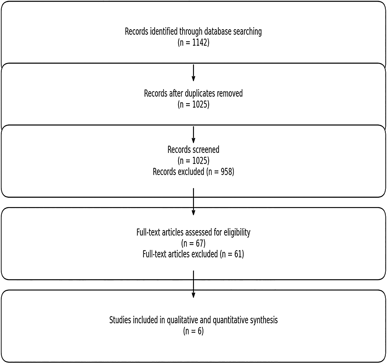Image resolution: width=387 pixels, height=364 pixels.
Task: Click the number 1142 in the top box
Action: (200, 43)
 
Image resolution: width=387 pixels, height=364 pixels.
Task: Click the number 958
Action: (226, 172)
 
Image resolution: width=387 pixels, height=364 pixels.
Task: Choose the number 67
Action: (200, 243)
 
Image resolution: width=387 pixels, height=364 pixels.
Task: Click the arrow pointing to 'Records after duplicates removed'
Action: (193, 73)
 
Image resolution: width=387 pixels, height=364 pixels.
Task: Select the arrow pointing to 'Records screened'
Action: (193, 135)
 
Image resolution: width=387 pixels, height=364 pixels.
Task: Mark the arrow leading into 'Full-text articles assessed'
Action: (193, 202)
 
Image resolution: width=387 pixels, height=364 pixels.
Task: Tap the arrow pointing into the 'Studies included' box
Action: (193, 284)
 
